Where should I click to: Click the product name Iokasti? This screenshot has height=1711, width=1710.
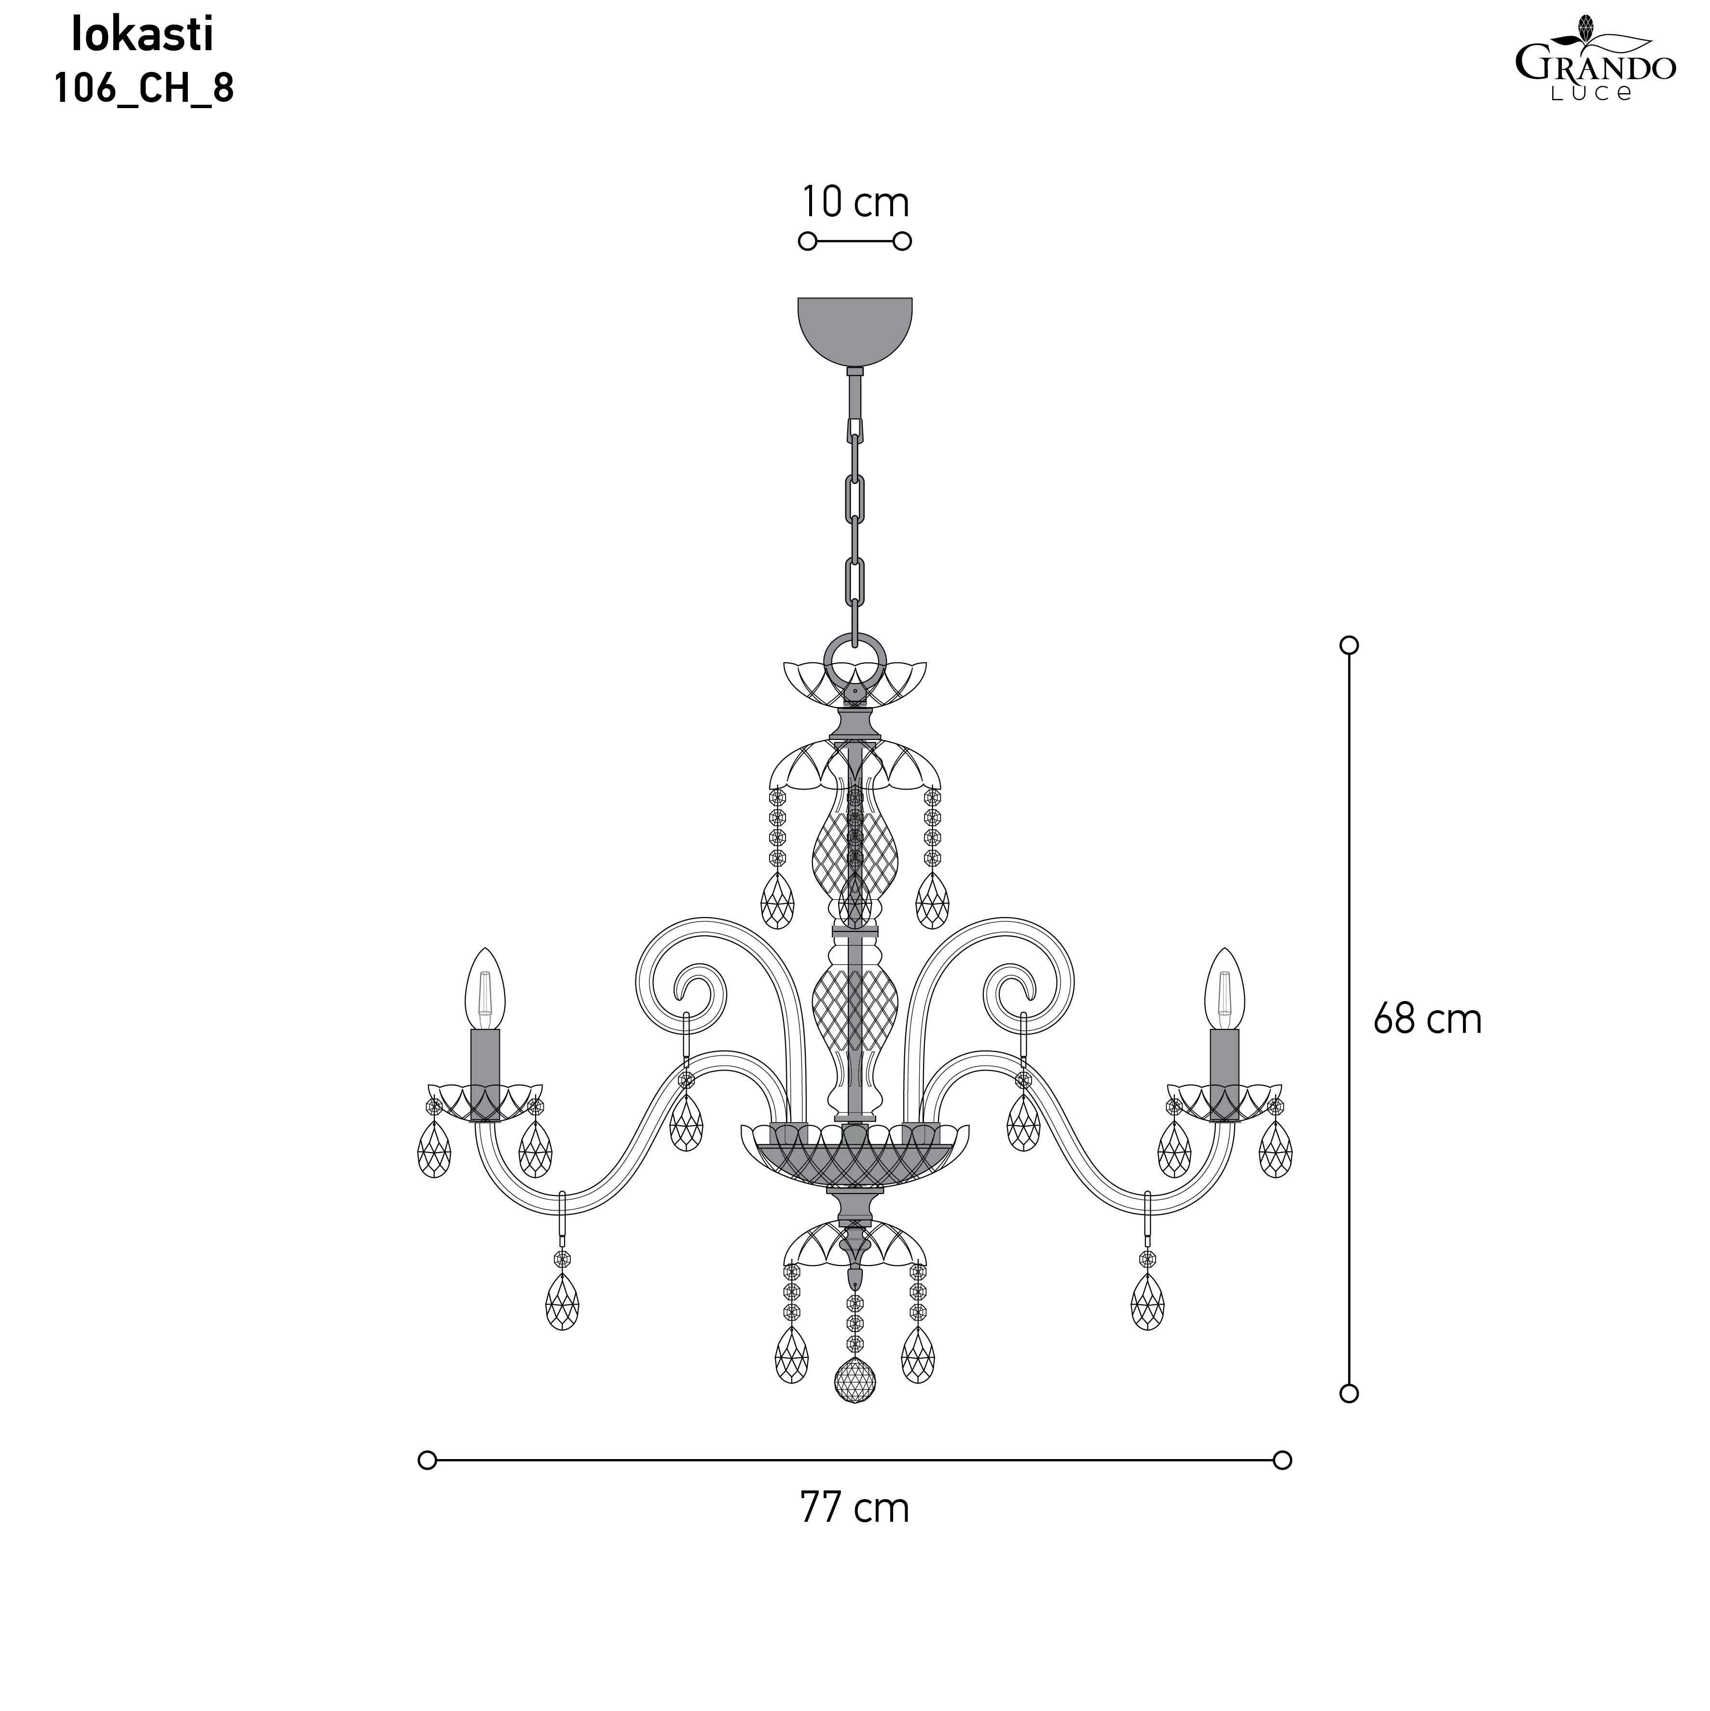coord(142,35)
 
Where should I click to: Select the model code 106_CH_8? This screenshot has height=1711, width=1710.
coord(144,88)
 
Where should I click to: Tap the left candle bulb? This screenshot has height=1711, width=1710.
coord(484,988)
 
